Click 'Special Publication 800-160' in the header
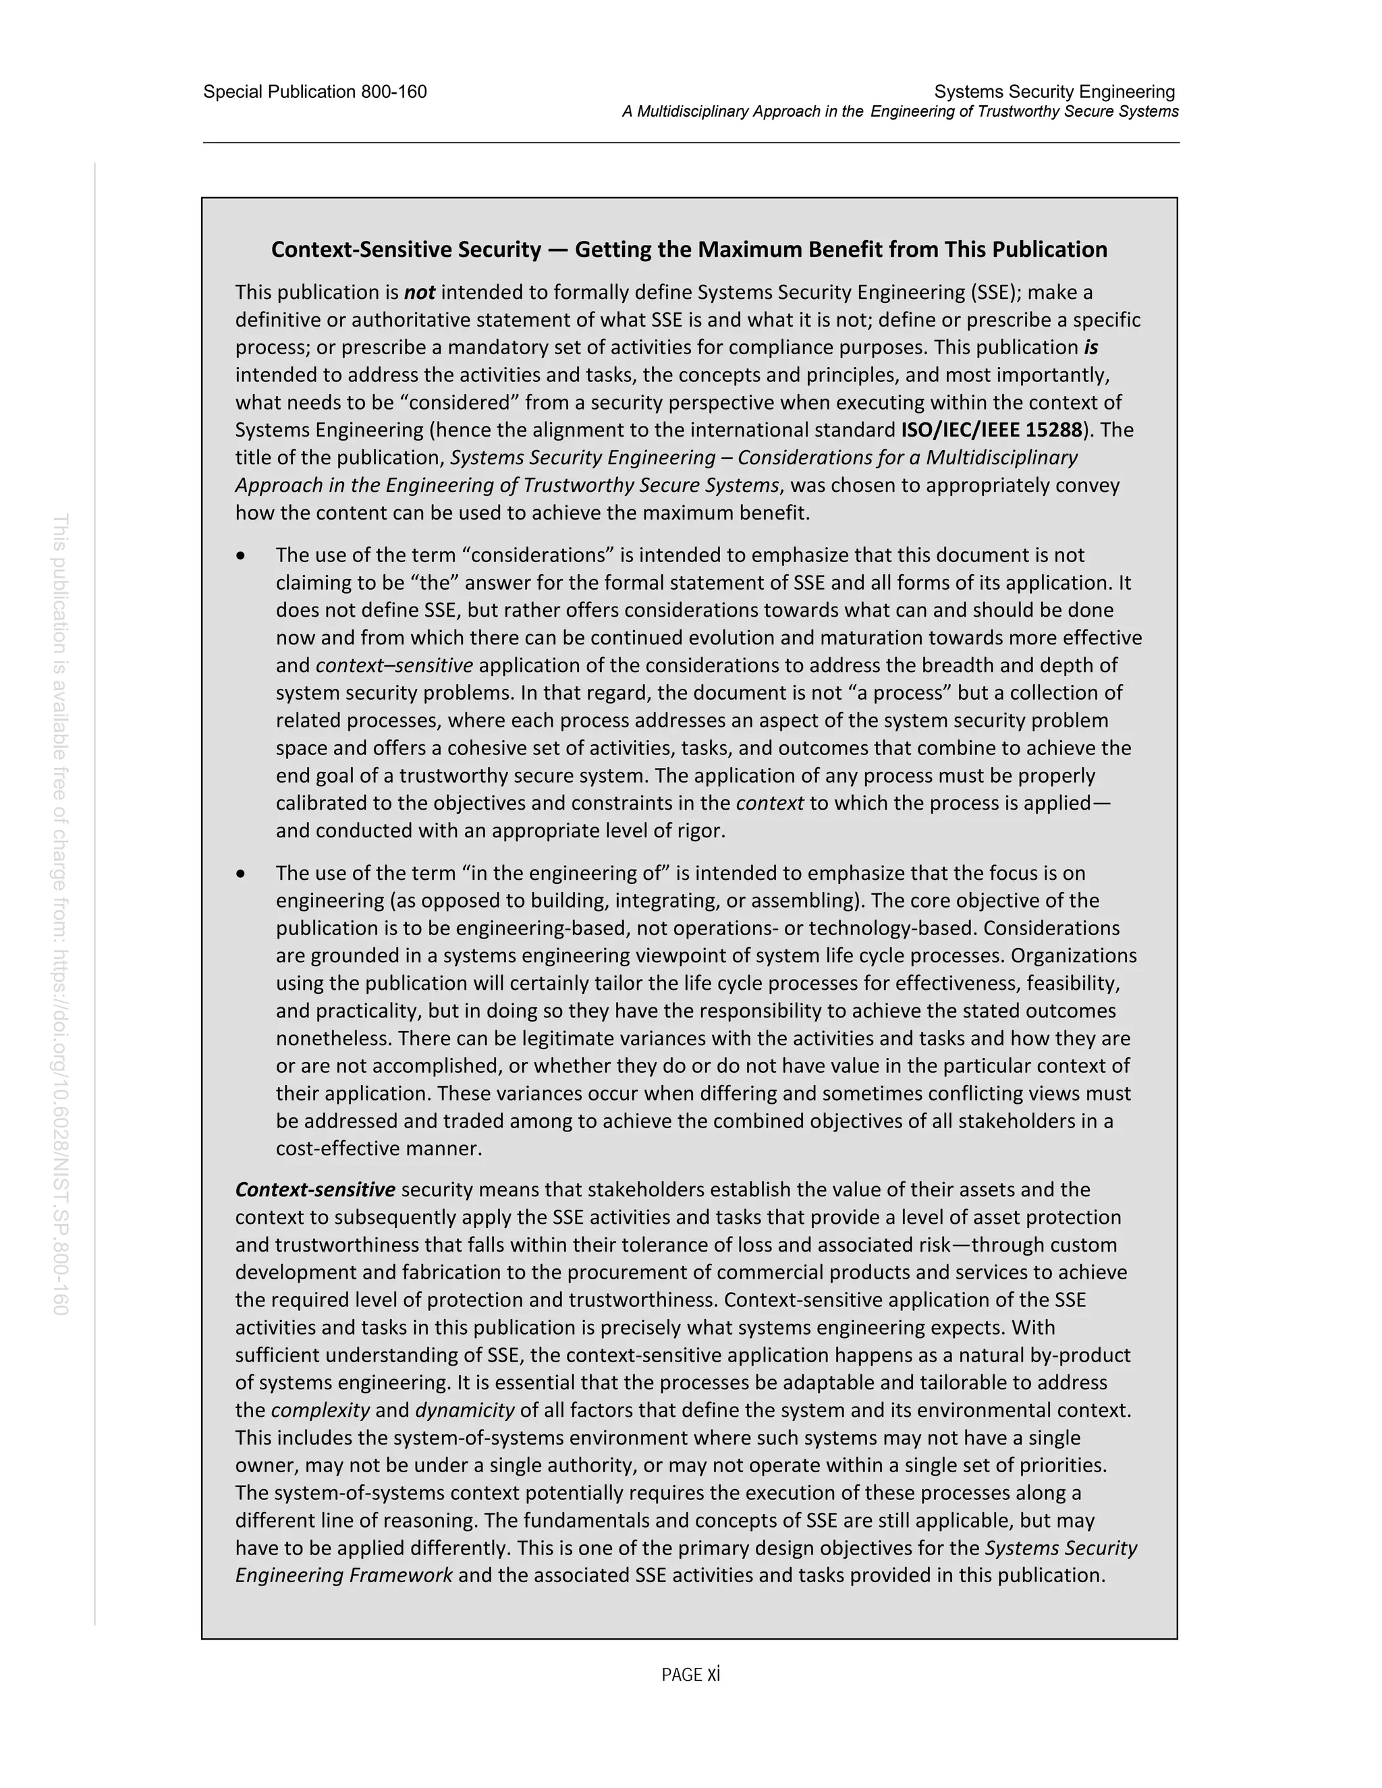[314, 92]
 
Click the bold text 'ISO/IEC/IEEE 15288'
[991, 430]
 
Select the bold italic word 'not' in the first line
[419, 292]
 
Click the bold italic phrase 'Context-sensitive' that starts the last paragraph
[315, 1190]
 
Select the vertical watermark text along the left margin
[61, 914]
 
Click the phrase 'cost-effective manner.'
[379, 1148]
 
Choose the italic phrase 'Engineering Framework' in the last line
[344, 1576]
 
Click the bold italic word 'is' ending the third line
[1090, 347]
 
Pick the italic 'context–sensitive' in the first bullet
[394, 665]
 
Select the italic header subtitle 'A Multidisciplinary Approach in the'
[742, 112]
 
